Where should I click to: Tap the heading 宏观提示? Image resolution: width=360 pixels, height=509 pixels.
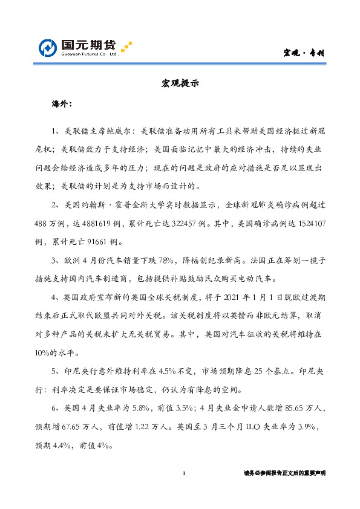(x=180, y=84)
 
